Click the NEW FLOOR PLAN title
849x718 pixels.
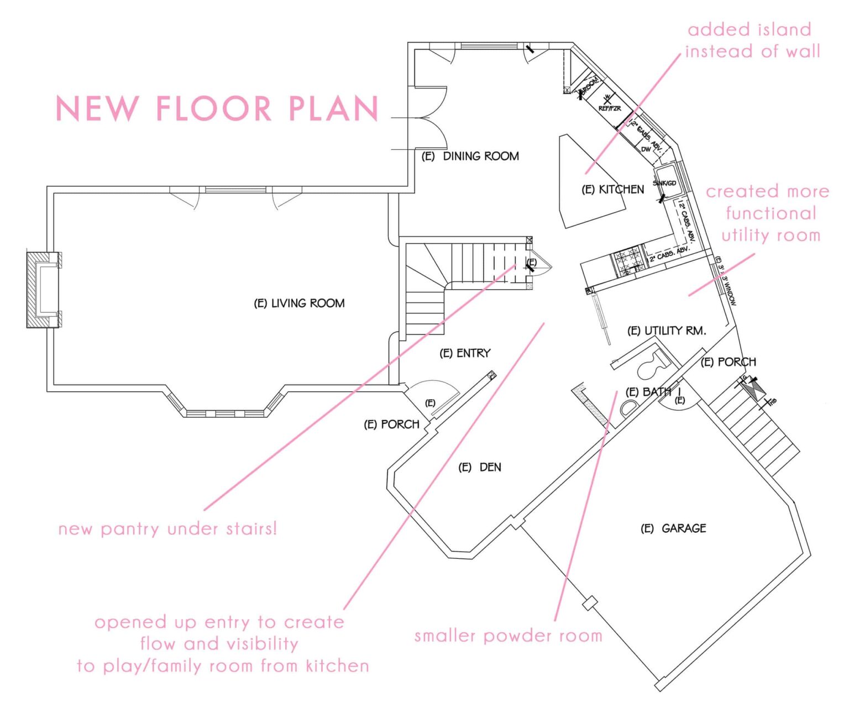tap(217, 108)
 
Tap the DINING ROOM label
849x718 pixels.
tap(470, 156)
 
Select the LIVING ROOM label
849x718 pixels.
tap(299, 303)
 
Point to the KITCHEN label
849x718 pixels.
tap(613, 190)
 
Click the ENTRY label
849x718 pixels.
tap(465, 353)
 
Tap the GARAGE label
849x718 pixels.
tap(673, 528)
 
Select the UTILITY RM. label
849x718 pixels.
tap(667, 331)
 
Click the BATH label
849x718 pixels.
tap(648, 391)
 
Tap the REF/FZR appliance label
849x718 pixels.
tap(610, 108)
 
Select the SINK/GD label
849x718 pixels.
tap(664, 183)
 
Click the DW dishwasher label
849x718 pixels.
tap(646, 149)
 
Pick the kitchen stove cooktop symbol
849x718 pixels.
tap(627, 260)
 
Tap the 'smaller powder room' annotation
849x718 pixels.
tap(508, 636)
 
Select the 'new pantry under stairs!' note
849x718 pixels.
tap(167, 529)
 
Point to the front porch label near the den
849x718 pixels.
tap(391, 424)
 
